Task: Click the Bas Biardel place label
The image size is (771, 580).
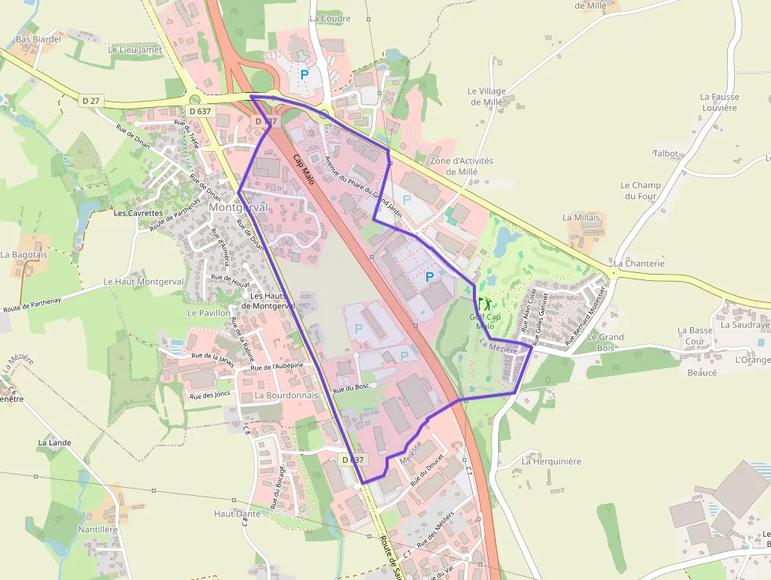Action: point(39,39)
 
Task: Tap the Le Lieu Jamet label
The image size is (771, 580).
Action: point(135,50)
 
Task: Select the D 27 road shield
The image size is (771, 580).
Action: point(91,100)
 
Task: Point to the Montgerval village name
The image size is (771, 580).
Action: point(238,207)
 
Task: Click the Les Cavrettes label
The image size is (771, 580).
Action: point(138,213)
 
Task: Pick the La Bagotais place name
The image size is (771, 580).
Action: point(25,255)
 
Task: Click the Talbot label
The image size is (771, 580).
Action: point(666,153)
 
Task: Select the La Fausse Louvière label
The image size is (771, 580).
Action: point(719,102)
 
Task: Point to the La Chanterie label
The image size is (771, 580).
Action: point(639,264)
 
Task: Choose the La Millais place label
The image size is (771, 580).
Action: point(581,217)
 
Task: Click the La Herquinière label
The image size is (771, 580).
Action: point(552,461)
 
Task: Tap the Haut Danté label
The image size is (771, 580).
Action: point(237,513)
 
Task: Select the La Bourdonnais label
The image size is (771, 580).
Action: point(286,395)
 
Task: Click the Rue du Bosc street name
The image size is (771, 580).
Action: point(351,389)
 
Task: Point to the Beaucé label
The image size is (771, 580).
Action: point(703,373)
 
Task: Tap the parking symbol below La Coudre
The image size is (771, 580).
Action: point(304,74)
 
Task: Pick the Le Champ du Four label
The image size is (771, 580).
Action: point(640,190)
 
